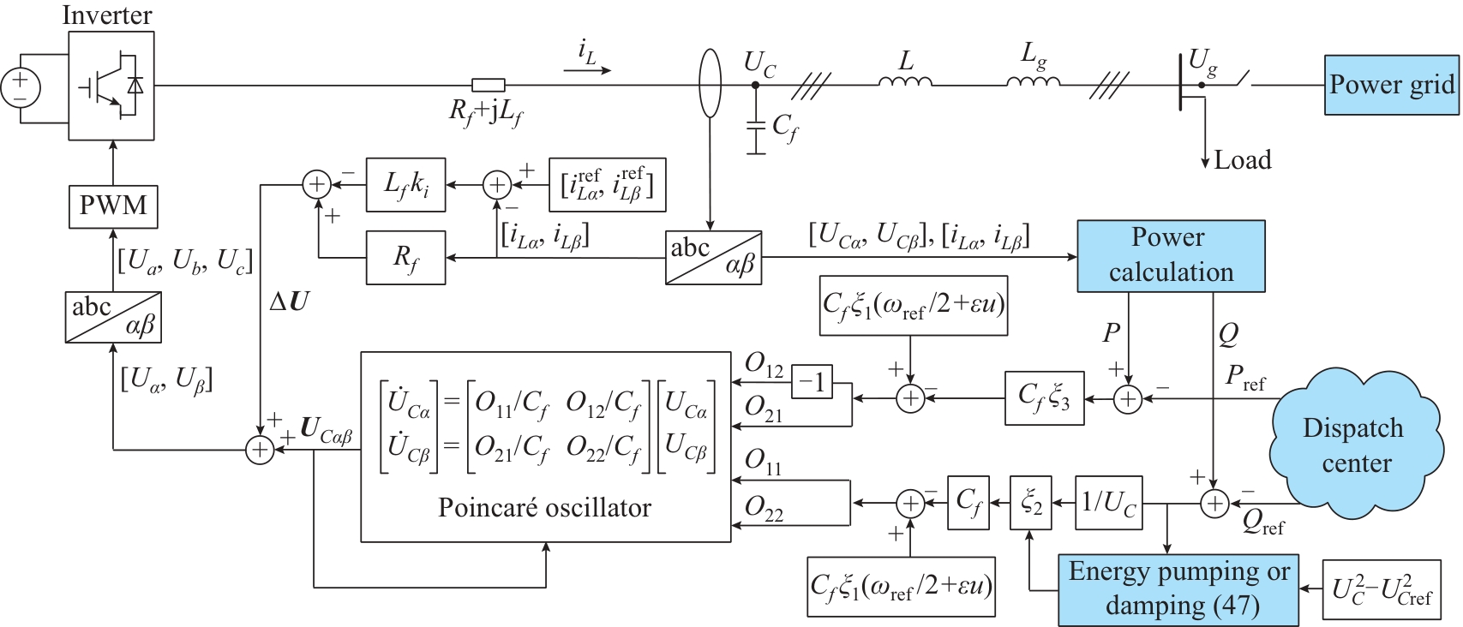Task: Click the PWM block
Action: pyautogui.click(x=113, y=206)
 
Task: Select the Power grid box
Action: pyautogui.click(x=1392, y=86)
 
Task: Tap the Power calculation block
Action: pyautogui.click(x=1171, y=256)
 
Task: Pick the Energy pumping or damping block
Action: pyautogui.click(x=1178, y=590)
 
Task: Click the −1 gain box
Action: pyautogui.click(x=812, y=382)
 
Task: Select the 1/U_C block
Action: pyautogui.click(x=1109, y=503)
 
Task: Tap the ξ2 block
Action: pyautogui.click(x=1031, y=503)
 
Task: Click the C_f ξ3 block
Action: pyautogui.click(x=1045, y=398)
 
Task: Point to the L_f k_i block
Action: pyautogui.click(x=405, y=185)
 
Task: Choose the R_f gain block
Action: pyautogui.click(x=405, y=258)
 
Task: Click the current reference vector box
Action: pyautogui.click(x=608, y=185)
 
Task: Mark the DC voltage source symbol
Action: pyautogui.click(x=21, y=88)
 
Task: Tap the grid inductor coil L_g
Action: pyautogui.click(x=1034, y=81)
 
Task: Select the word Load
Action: pyautogui.click(x=1243, y=160)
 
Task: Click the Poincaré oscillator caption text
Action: pyautogui.click(x=545, y=508)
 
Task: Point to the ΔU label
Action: pyautogui.click(x=290, y=301)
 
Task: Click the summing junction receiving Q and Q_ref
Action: pyautogui.click(x=1214, y=504)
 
